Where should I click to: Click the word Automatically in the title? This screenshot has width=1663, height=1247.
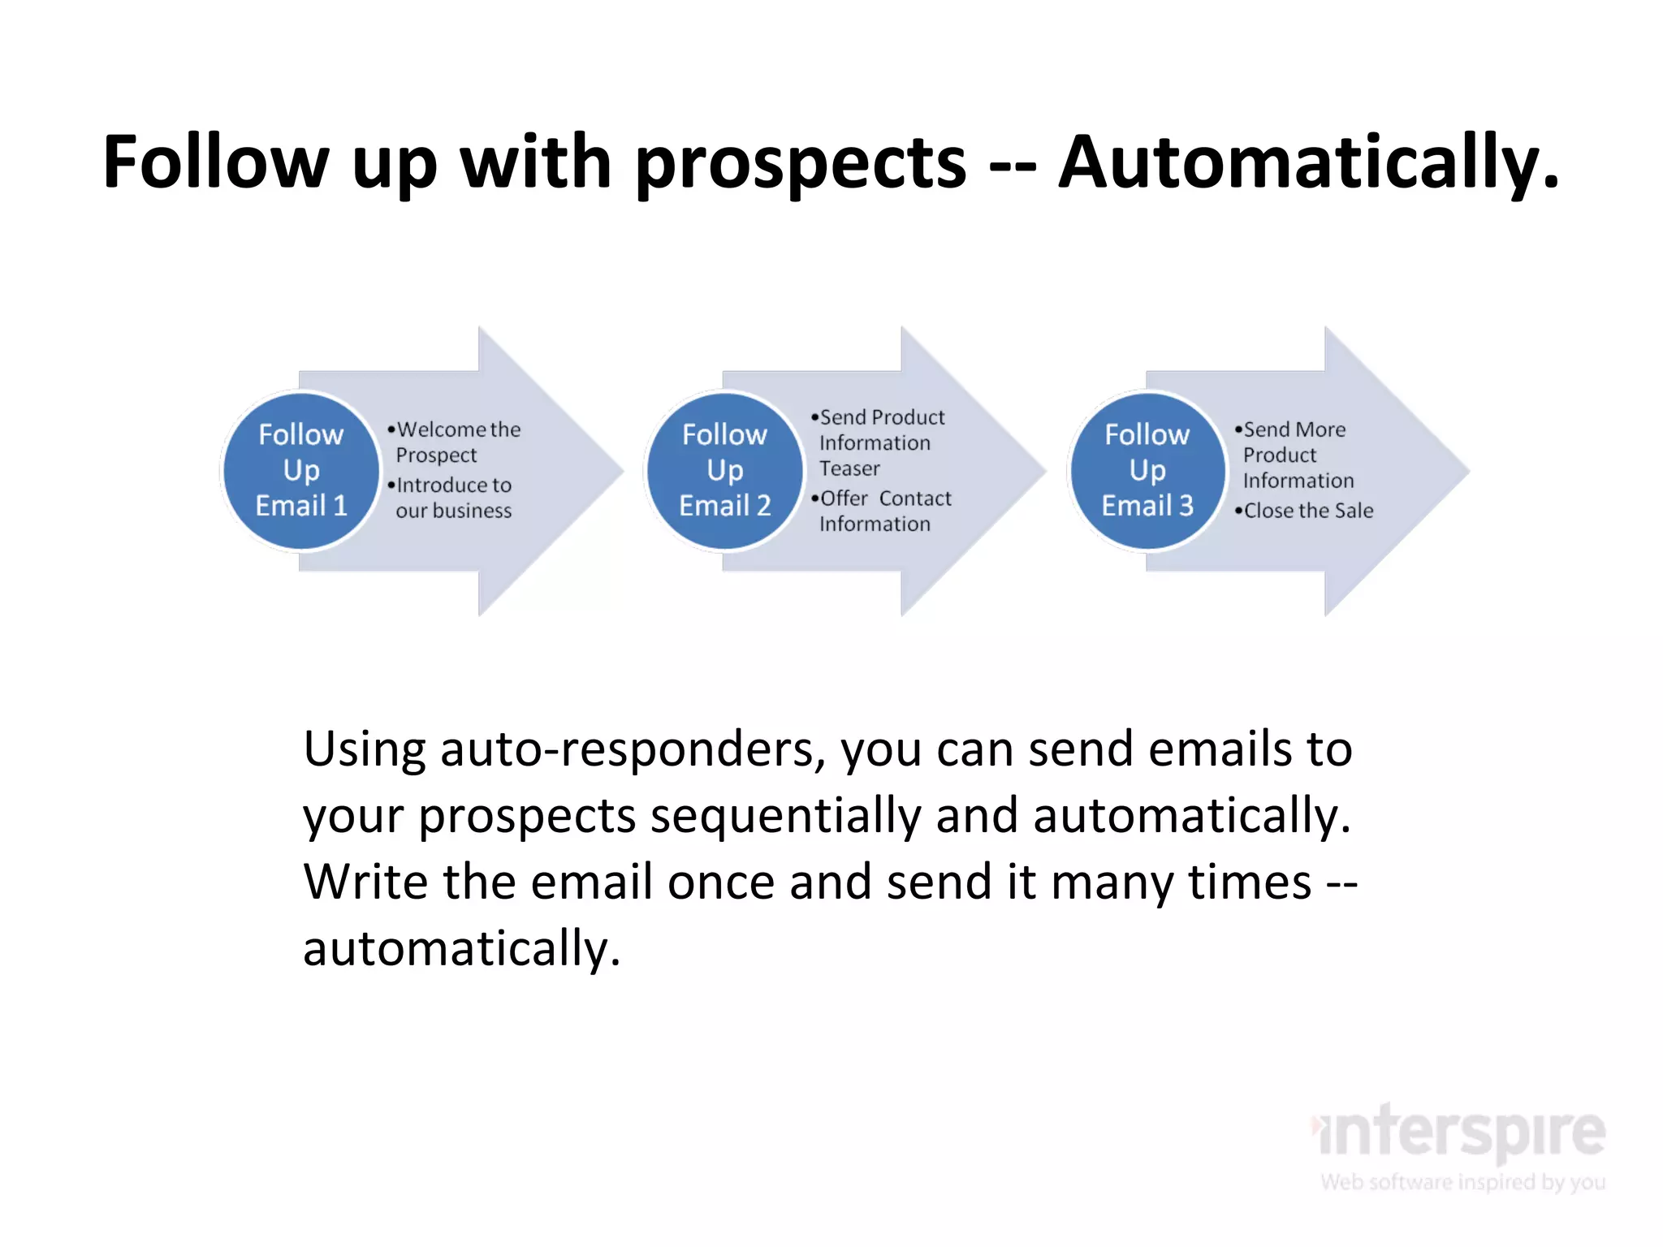(1307, 162)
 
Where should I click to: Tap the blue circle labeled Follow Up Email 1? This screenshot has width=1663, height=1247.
(301, 470)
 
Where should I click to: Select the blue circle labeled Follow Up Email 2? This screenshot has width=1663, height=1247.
(724, 470)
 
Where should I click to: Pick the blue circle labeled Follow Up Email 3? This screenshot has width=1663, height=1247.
(1147, 470)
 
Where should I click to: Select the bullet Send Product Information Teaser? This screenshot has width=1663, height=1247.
(879, 442)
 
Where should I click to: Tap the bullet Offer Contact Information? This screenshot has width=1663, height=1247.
(883, 511)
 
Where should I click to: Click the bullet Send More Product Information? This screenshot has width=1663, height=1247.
(1296, 455)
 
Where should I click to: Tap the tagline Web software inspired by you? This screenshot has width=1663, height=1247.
(1462, 1182)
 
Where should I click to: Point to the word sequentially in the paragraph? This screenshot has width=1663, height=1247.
(785, 816)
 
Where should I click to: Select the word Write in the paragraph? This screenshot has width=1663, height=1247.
(365, 882)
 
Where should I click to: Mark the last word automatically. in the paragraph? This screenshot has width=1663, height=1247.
(461, 948)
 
